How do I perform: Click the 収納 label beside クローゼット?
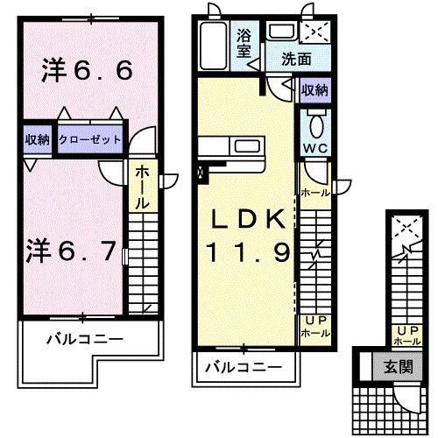click(38, 140)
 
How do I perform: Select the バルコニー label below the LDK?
click(244, 367)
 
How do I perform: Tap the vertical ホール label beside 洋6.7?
click(140, 187)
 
